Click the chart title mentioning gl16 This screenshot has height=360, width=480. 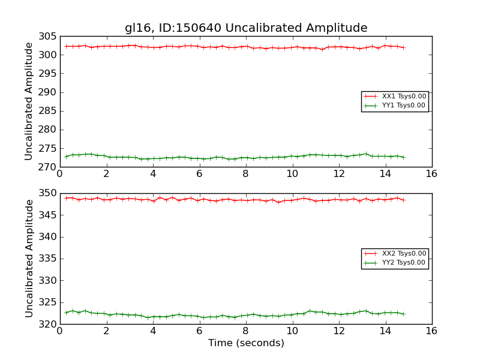click(x=246, y=28)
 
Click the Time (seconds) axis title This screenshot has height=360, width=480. click(x=246, y=343)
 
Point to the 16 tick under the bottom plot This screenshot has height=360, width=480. click(x=431, y=331)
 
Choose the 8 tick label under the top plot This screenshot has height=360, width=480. click(x=245, y=174)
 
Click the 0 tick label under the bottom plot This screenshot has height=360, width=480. click(x=59, y=331)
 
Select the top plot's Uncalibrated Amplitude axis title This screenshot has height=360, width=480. click(x=29, y=101)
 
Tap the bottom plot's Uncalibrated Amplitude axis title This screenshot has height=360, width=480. click(x=29, y=259)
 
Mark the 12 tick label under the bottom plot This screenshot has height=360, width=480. click(x=338, y=331)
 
